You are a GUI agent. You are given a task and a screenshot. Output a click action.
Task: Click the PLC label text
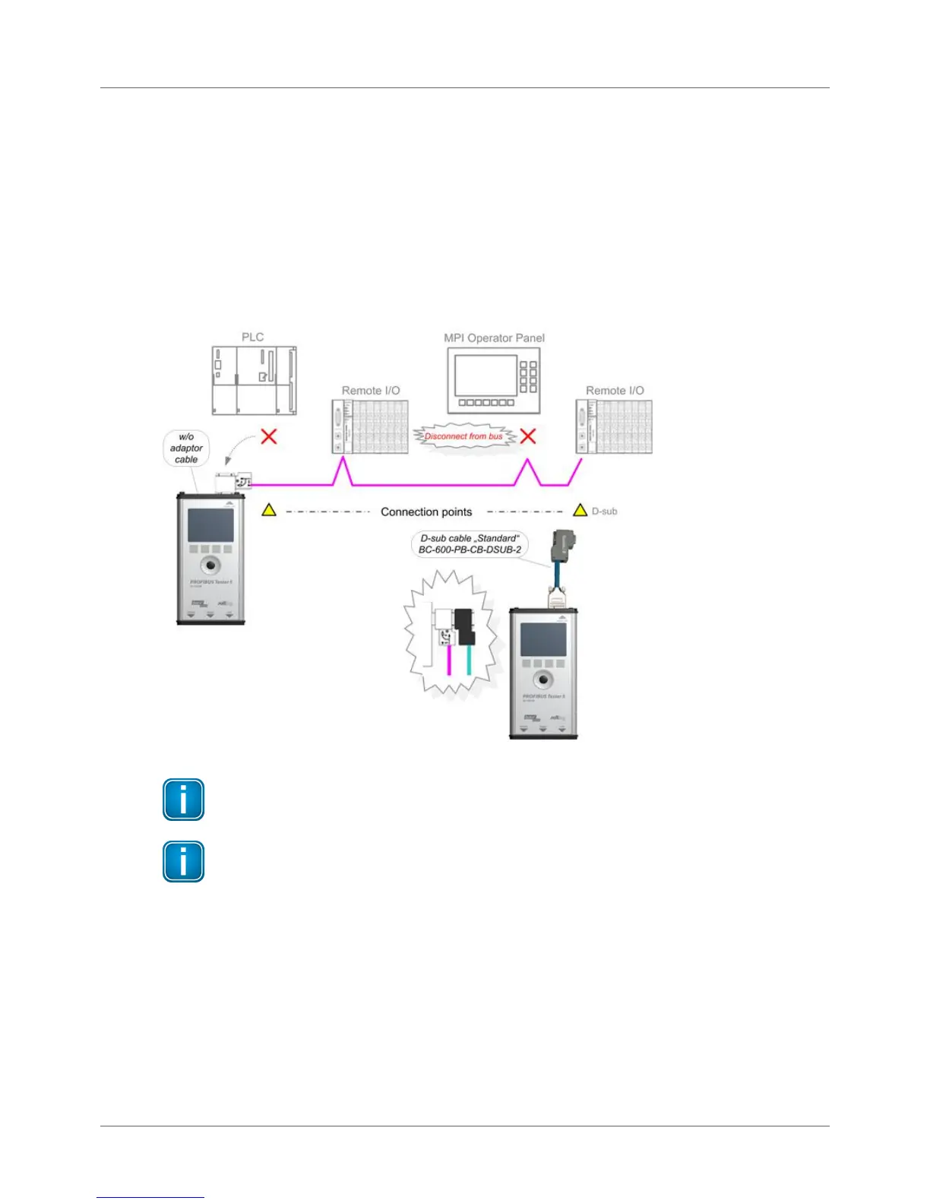[252, 337]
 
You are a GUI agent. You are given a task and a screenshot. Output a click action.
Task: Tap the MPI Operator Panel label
[494, 337]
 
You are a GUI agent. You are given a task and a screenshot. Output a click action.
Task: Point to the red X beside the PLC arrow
[269, 436]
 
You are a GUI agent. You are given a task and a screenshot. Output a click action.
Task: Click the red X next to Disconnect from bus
[527, 436]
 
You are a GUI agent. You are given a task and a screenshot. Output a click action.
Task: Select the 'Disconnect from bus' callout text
[463, 436]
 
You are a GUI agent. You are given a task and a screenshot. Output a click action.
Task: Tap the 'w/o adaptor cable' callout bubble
[186, 448]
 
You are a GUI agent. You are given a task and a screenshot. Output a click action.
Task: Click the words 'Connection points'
[426, 512]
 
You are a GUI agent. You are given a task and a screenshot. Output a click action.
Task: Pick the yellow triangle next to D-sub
[580, 510]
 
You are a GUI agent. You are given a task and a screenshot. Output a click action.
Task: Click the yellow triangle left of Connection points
[269, 510]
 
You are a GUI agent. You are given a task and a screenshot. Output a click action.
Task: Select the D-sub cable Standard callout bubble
[470, 543]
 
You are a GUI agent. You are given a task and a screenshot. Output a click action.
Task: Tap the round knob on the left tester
[210, 565]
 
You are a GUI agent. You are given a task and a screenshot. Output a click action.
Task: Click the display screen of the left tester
[210, 525]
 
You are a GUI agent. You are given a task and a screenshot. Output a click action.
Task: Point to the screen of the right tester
[542, 640]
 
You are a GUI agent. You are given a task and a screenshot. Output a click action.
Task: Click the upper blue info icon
[183, 800]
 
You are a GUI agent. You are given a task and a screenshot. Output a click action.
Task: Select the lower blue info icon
[183, 861]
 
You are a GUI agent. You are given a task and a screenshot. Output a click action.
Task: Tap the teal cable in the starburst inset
[468, 660]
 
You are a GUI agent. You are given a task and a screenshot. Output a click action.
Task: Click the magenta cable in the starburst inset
[449, 660]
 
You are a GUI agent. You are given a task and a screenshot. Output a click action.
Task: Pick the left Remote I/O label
[371, 391]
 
